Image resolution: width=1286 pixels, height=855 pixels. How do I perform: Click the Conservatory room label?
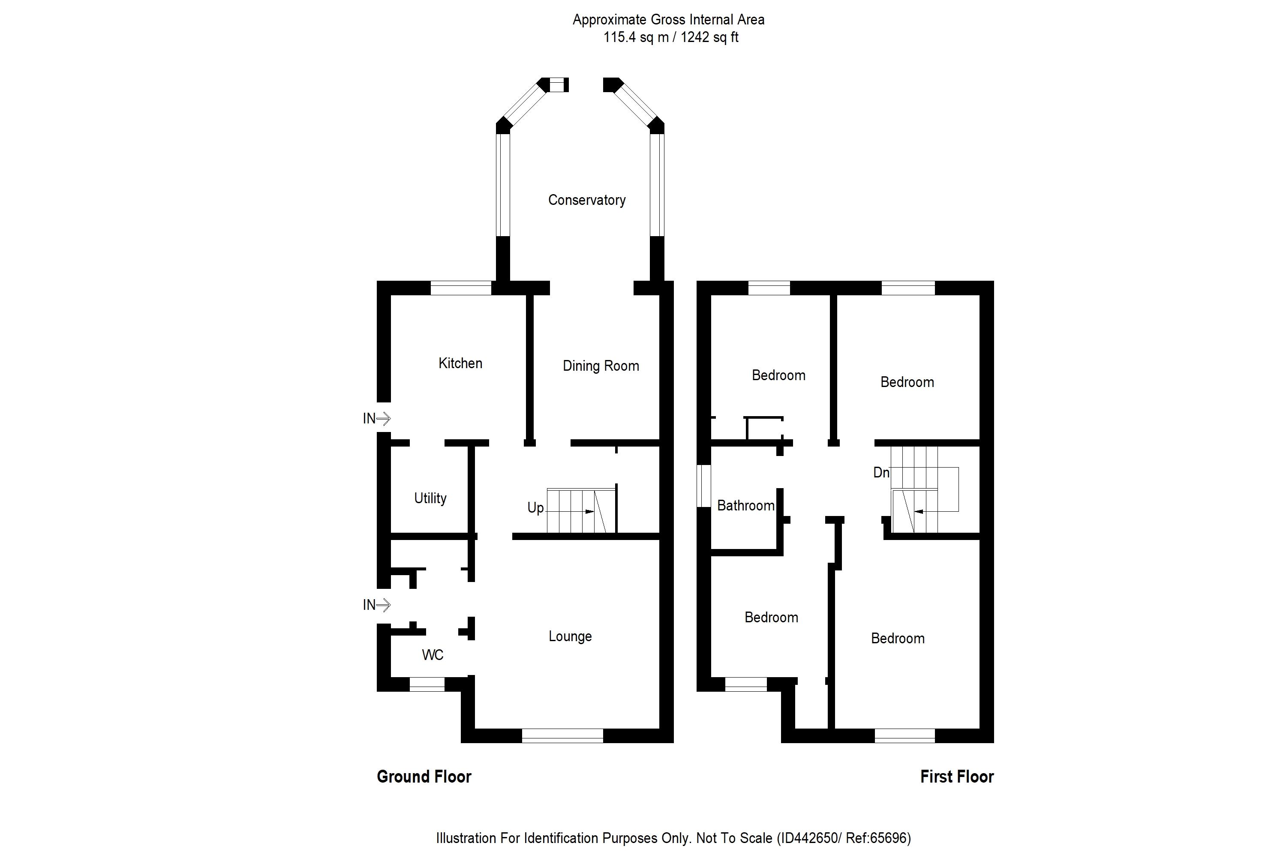pos(586,200)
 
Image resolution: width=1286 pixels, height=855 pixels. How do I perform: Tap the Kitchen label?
pos(460,363)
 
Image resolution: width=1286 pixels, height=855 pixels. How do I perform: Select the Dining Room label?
pos(601,366)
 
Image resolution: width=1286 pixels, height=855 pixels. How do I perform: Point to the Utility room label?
pos(430,498)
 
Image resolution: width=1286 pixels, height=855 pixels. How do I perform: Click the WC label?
pos(433,655)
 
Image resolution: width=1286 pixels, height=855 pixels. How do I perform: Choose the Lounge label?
pos(570,636)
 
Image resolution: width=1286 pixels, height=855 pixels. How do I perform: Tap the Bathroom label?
pos(745,505)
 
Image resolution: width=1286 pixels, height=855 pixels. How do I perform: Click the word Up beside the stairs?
pos(535,508)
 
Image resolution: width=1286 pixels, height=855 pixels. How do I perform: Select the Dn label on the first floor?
pos(881,472)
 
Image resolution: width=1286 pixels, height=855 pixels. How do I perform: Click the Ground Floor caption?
pos(424,777)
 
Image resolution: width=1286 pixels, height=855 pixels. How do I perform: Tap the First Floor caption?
pos(957,777)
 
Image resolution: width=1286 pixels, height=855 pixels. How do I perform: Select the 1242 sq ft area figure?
pos(709,38)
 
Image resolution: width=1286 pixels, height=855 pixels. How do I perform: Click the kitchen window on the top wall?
pos(461,288)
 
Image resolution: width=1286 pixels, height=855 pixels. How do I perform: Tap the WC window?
pos(427,684)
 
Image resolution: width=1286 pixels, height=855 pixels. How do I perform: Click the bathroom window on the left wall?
pos(704,486)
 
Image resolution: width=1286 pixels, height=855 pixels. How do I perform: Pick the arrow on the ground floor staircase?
pos(589,511)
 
